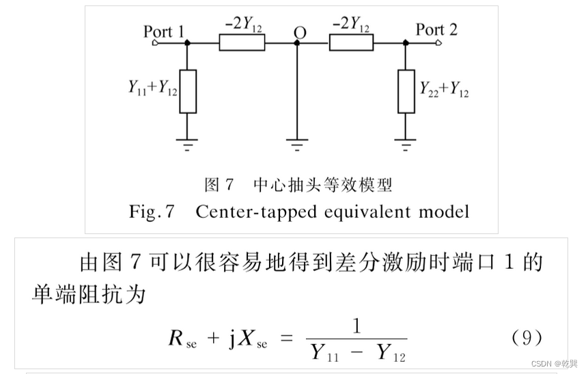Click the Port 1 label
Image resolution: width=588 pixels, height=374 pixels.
click(x=163, y=31)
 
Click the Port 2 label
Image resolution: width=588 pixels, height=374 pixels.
click(x=436, y=29)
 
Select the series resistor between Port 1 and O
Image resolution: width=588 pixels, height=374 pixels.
click(x=242, y=43)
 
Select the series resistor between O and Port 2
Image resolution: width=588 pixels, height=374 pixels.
click(x=351, y=43)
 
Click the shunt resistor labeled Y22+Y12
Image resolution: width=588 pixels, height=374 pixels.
click(x=406, y=91)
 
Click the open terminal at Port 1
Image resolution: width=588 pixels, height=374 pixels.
click(x=156, y=43)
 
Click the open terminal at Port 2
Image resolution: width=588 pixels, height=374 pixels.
click(x=437, y=43)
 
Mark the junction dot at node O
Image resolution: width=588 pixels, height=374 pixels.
click(x=297, y=43)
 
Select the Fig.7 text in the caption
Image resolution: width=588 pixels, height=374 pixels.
click(x=152, y=212)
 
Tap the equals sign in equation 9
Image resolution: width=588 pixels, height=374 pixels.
click(x=287, y=339)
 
